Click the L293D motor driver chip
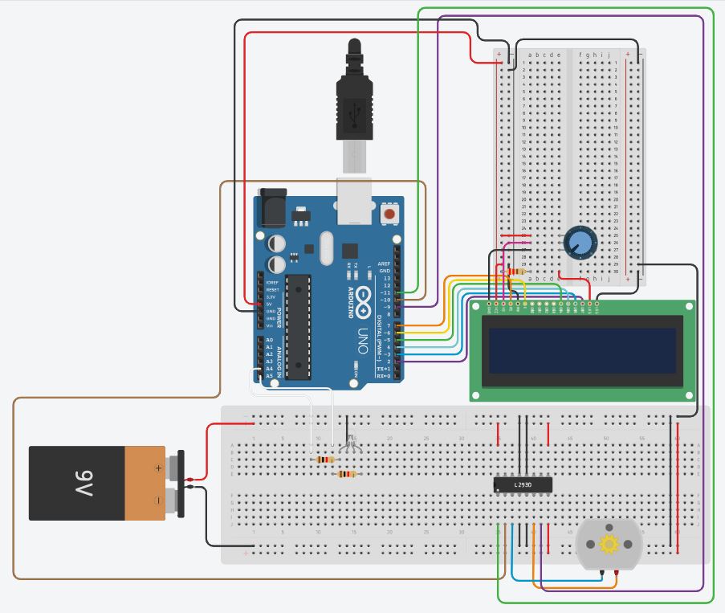coord(523,484)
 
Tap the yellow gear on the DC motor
coord(609,545)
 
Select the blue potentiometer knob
coord(580,242)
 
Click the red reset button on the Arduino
coord(390,214)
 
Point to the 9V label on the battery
coord(84,484)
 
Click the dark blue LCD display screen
coord(582,350)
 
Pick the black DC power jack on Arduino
coord(271,210)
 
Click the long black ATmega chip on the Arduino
coord(298,325)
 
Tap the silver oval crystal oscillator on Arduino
coord(325,248)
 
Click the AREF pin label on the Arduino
coord(385,264)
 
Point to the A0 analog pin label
coord(269,341)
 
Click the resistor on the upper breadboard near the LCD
coord(514,272)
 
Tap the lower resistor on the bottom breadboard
coord(346,474)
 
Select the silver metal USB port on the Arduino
coord(355,201)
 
